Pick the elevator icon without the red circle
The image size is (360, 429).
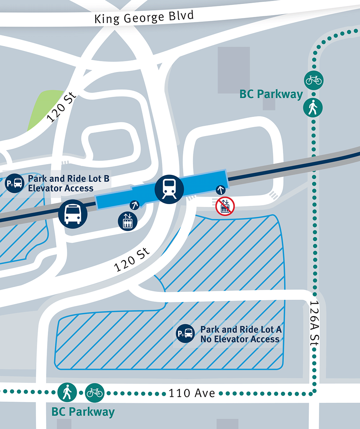click(x=127, y=221)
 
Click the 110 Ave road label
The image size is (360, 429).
click(x=192, y=393)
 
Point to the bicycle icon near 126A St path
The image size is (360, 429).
click(x=314, y=80)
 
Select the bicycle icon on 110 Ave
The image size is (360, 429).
click(x=95, y=392)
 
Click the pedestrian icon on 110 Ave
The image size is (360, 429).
click(x=67, y=392)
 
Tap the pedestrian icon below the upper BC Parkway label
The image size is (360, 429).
click(x=314, y=107)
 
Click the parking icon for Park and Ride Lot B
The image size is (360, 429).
click(x=14, y=183)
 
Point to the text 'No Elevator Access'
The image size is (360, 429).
click(x=240, y=339)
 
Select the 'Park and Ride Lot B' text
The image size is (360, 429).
click(x=69, y=179)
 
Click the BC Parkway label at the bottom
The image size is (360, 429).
click(x=83, y=412)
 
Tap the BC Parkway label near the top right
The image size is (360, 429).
click(x=271, y=94)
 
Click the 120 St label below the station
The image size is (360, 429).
click(x=132, y=262)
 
